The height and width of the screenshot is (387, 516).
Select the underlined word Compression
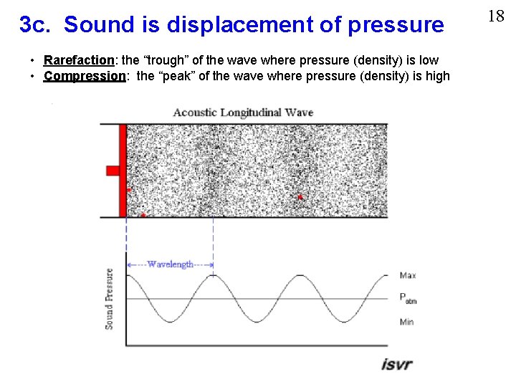pos(84,76)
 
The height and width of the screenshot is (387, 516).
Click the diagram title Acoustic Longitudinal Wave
pos(243,113)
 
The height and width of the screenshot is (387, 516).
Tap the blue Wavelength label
pos(170,264)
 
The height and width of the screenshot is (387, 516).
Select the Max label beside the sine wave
pos(407,275)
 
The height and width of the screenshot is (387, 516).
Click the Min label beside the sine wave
pos(406,322)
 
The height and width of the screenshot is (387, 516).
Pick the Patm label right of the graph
pos(408,298)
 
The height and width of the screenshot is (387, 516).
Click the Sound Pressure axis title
pos(110,299)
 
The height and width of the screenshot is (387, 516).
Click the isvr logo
pos(396,363)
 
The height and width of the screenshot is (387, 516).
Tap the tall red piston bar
pos(123,170)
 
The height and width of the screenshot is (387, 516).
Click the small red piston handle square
pos(113,170)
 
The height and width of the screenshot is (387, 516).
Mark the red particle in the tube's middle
pos(300,196)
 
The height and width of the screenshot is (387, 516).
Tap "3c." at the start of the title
pos(36,25)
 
